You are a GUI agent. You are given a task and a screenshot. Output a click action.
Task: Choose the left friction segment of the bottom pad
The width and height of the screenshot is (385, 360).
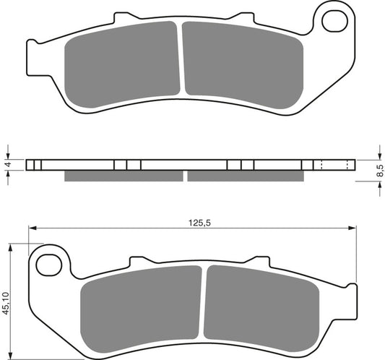click(141, 307)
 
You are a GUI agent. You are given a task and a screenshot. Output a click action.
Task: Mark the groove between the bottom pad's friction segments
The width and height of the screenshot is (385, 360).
click(204, 304)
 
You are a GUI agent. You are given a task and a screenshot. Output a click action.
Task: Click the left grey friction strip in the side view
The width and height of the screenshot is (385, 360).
click(123, 176)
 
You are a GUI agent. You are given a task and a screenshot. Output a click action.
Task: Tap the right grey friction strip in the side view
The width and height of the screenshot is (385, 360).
click(246, 176)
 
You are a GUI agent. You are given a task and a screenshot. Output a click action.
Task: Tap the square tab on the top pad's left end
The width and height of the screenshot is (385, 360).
click(30, 54)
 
